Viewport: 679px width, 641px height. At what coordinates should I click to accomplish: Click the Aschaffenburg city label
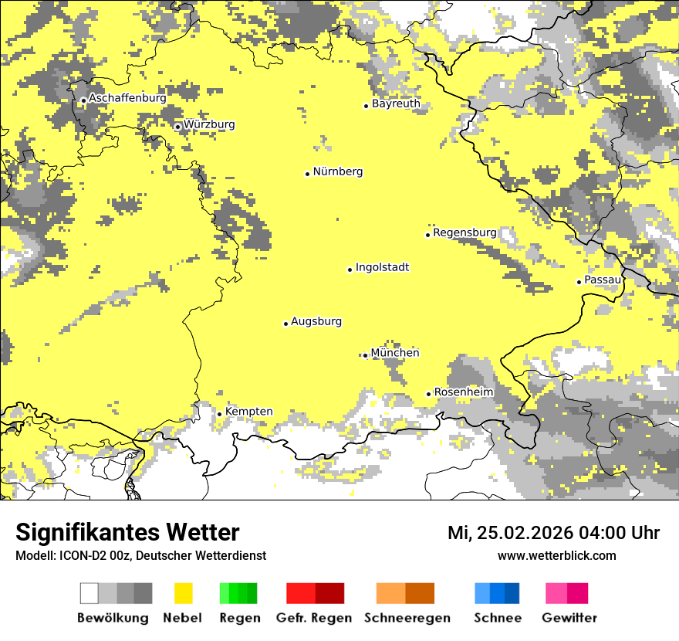pyautogui.click(x=127, y=98)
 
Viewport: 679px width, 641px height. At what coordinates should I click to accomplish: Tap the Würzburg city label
pyautogui.click(x=209, y=124)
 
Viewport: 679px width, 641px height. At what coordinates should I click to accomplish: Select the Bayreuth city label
pyautogui.click(x=396, y=103)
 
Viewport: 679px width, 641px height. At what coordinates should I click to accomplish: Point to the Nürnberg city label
pyautogui.click(x=337, y=171)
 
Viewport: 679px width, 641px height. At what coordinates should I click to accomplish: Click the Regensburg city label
pyautogui.click(x=464, y=232)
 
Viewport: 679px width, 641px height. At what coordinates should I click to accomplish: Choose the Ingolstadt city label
pyautogui.click(x=382, y=267)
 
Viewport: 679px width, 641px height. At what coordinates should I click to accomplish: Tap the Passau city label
pyautogui.click(x=602, y=280)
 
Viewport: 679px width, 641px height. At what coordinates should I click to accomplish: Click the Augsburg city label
pyautogui.click(x=316, y=321)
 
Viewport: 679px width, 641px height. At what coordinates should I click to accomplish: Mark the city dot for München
pyautogui.click(x=365, y=355)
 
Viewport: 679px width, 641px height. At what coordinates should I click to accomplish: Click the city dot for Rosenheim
pyautogui.click(x=429, y=394)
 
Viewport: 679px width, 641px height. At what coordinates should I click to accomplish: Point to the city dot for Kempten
pyautogui.click(x=219, y=413)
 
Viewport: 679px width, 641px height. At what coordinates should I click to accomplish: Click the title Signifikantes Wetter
pyautogui.click(x=127, y=532)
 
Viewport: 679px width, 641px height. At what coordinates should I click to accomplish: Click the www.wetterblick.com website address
pyautogui.click(x=556, y=555)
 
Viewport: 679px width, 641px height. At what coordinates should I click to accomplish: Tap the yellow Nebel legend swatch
pyautogui.click(x=183, y=593)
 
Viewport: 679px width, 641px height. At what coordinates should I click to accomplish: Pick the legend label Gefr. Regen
pyautogui.click(x=314, y=618)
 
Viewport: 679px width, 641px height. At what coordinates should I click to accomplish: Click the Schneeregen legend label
pyautogui.click(x=407, y=618)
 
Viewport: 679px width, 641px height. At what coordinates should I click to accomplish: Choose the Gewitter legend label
pyautogui.click(x=569, y=618)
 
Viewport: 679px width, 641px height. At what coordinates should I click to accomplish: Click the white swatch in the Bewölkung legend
pyautogui.click(x=89, y=593)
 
